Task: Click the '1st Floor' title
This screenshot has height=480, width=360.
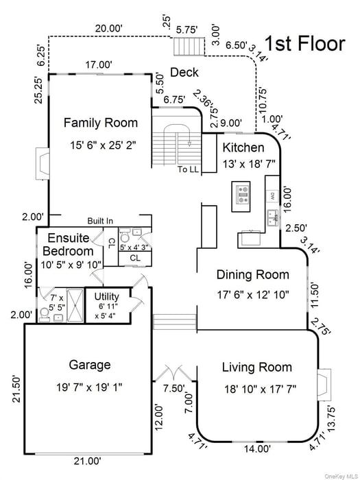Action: pyautogui.click(x=305, y=44)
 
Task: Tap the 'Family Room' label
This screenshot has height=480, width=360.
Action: pyautogui.click(x=101, y=123)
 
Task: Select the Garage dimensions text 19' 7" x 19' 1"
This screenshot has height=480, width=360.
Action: pyautogui.click(x=90, y=387)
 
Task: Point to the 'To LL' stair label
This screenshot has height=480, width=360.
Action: pyautogui.click(x=187, y=169)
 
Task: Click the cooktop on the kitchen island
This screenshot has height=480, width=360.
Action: pyautogui.click(x=242, y=193)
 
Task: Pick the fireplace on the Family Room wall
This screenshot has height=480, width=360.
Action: pyautogui.click(x=43, y=165)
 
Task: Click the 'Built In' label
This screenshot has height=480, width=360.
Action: pyautogui.click(x=100, y=221)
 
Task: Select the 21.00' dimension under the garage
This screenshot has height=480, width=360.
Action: pyautogui.click(x=88, y=461)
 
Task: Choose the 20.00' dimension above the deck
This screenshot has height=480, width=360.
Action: pyautogui.click(x=108, y=28)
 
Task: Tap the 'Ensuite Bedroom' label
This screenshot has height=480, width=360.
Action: pyautogui.click(x=67, y=244)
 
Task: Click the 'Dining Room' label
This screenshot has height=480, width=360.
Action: pyautogui.click(x=253, y=274)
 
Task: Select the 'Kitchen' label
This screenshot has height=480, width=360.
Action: pyautogui.click(x=243, y=147)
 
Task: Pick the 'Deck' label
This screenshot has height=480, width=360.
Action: pyautogui.click(x=184, y=73)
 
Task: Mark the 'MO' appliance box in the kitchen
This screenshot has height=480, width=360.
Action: pyautogui.click(x=272, y=195)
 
